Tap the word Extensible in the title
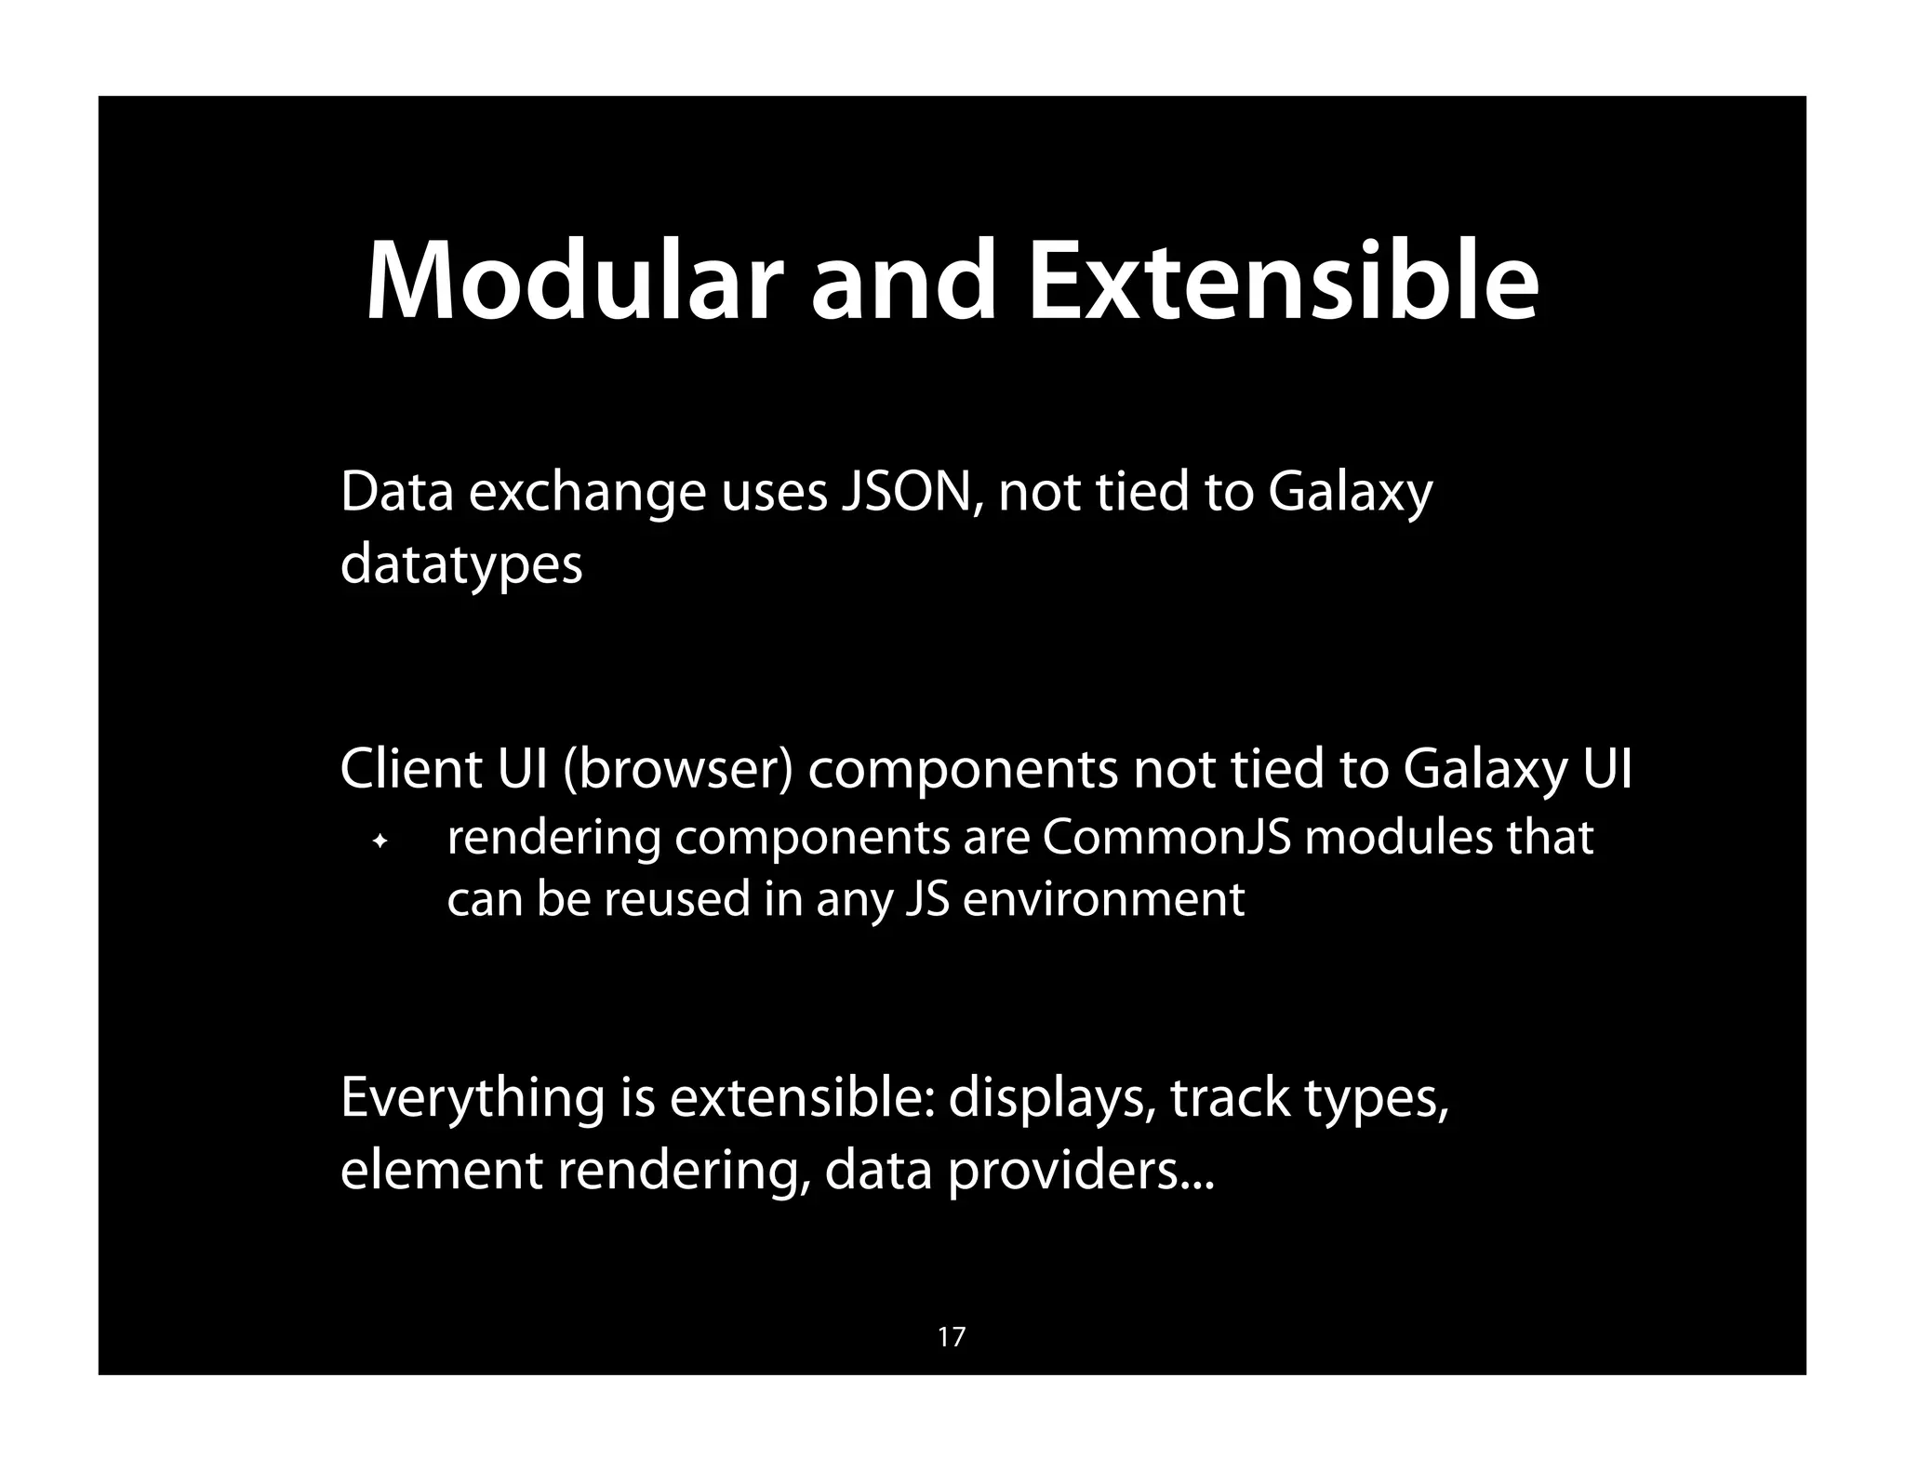pos(1283,282)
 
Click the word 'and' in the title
pos(902,282)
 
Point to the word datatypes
pos(461,564)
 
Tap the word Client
pos(410,769)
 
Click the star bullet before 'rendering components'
pos(380,842)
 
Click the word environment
pos(1103,899)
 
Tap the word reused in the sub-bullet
pos(677,899)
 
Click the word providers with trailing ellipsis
pos(1080,1171)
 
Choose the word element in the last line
pos(441,1169)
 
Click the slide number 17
pos(952,1337)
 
